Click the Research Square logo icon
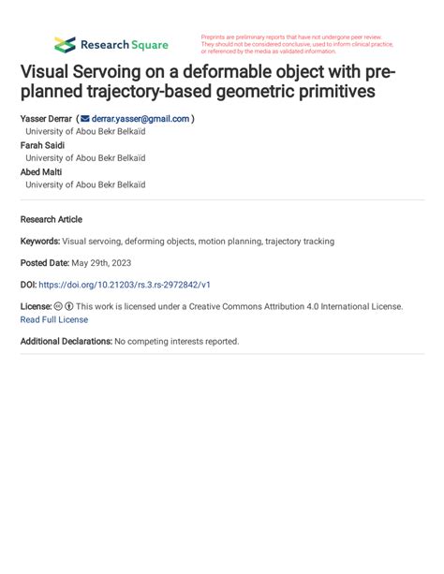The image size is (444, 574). click(x=65, y=44)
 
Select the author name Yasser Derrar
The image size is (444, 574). click(x=46, y=119)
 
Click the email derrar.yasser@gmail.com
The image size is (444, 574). click(x=141, y=119)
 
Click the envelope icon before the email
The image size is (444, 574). click(x=85, y=119)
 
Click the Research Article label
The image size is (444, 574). click(x=52, y=219)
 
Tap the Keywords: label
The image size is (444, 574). click(x=40, y=241)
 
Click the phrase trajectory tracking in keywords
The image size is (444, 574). click(x=298, y=241)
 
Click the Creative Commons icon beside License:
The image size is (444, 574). click(x=58, y=306)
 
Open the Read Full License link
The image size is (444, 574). click(x=54, y=319)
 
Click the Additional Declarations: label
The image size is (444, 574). click(x=67, y=341)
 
